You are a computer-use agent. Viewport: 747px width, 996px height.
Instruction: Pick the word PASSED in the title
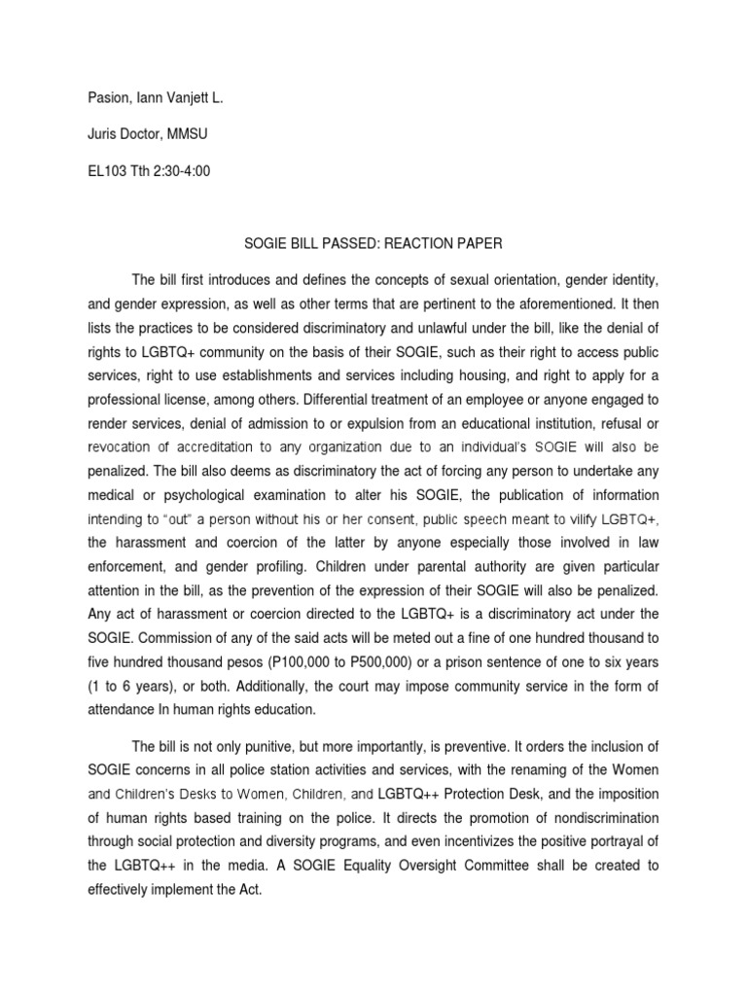click(x=354, y=245)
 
